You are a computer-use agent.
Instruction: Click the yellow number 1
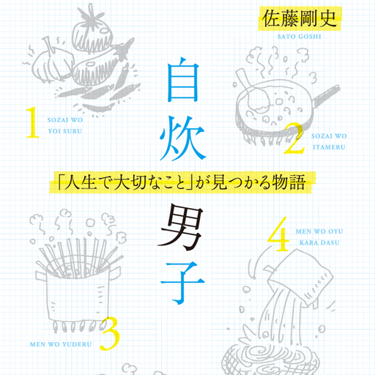pos(33,122)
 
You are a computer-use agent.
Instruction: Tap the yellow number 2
pos(294,138)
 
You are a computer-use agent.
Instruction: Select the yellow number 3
pos(110,333)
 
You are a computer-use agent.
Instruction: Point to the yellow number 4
pos(278,234)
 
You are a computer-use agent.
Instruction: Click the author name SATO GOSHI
pos(299,37)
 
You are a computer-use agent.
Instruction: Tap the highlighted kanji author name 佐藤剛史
pos(300,19)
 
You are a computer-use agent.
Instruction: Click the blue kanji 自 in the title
pos(182,79)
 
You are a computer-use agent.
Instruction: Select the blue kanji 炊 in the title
pos(182,138)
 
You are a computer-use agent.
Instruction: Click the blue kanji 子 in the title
pos(182,283)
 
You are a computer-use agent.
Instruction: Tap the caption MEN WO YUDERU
pos(61,344)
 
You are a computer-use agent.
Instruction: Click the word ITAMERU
pos(329,147)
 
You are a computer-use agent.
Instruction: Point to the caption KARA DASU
pos(319,242)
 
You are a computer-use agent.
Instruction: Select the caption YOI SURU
pos(65,131)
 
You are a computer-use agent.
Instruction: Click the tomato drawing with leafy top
pos(92,31)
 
